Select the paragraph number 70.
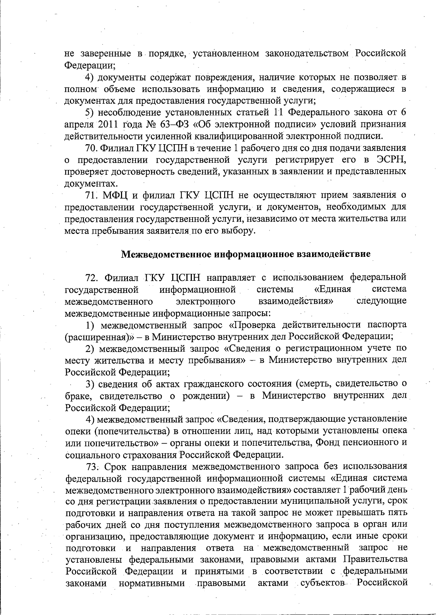[x=92, y=148]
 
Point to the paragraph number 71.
[x=92, y=195]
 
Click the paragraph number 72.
[x=92, y=278]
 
